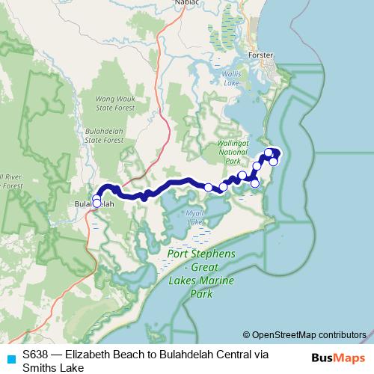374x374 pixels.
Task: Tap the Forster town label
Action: click(x=267, y=55)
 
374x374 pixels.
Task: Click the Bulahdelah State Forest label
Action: click(x=103, y=134)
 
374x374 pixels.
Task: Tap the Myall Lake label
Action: click(x=194, y=218)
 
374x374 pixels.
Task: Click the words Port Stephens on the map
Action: click(x=200, y=254)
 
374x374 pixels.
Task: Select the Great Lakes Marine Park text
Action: click(x=200, y=280)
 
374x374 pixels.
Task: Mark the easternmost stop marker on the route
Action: click(x=274, y=162)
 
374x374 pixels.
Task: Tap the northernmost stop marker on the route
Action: click(x=269, y=153)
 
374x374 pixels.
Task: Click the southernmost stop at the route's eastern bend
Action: click(x=255, y=183)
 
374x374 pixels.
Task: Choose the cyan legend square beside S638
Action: click(x=10, y=358)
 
